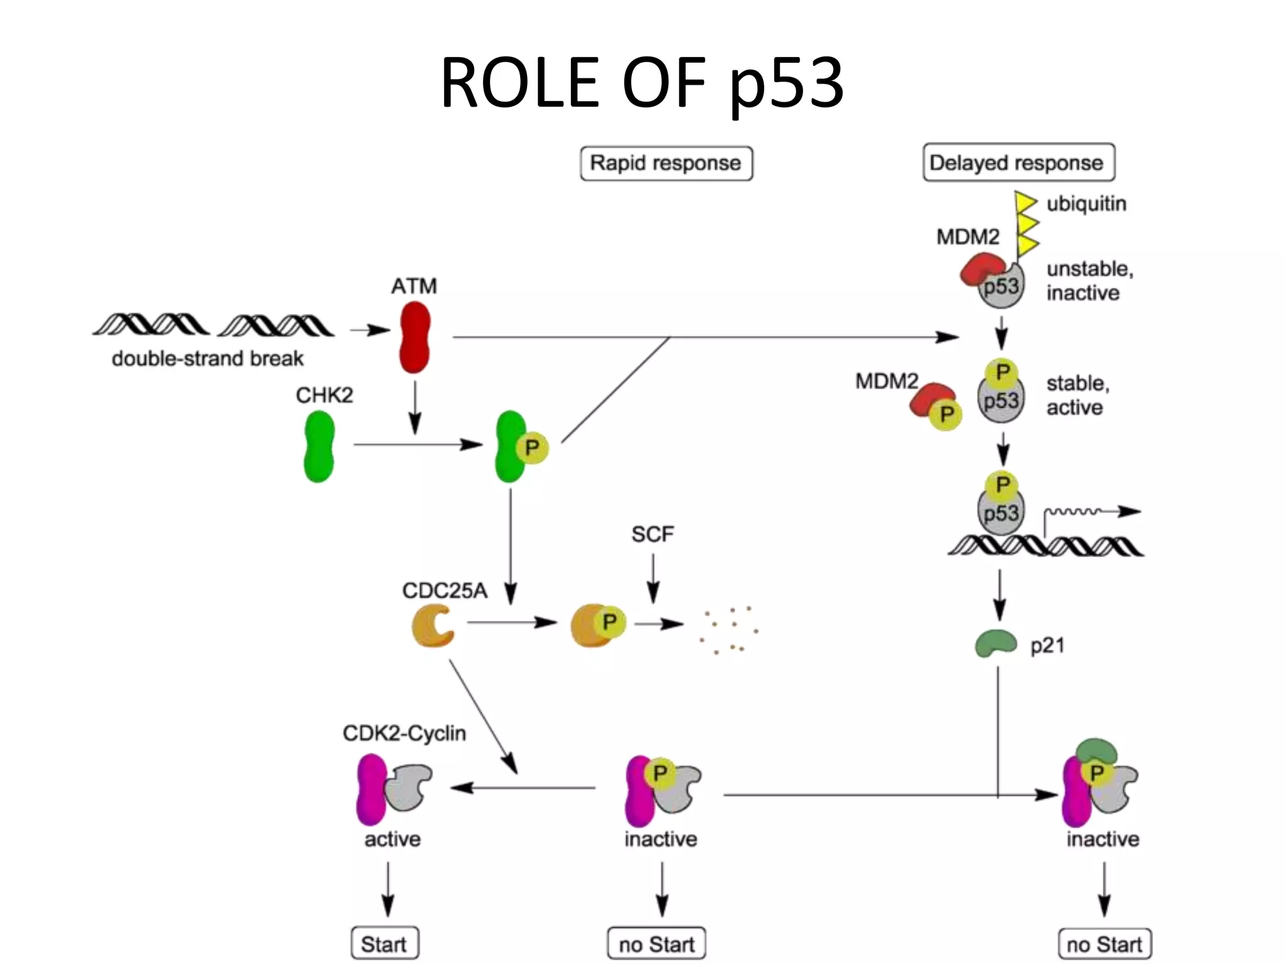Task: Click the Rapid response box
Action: (x=666, y=163)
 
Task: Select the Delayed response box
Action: (x=1018, y=163)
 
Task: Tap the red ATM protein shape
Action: (x=415, y=337)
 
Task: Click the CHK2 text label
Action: (x=324, y=395)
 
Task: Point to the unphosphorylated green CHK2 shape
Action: (x=319, y=446)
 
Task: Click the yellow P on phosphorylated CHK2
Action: (x=532, y=448)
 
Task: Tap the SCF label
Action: (x=653, y=535)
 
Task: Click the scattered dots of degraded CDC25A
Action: (x=730, y=629)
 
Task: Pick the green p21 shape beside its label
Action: (x=995, y=643)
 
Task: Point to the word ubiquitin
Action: (x=1086, y=204)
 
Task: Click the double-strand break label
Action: (x=208, y=358)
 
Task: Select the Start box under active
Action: (x=385, y=943)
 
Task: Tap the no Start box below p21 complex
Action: (x=1104, y=944)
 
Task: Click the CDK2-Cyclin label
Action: (x=404, y=733)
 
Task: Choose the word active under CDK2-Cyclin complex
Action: (x=392, y=839)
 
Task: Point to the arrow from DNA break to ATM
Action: (x=370, y=330)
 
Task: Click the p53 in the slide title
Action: (x=787, y=83)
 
